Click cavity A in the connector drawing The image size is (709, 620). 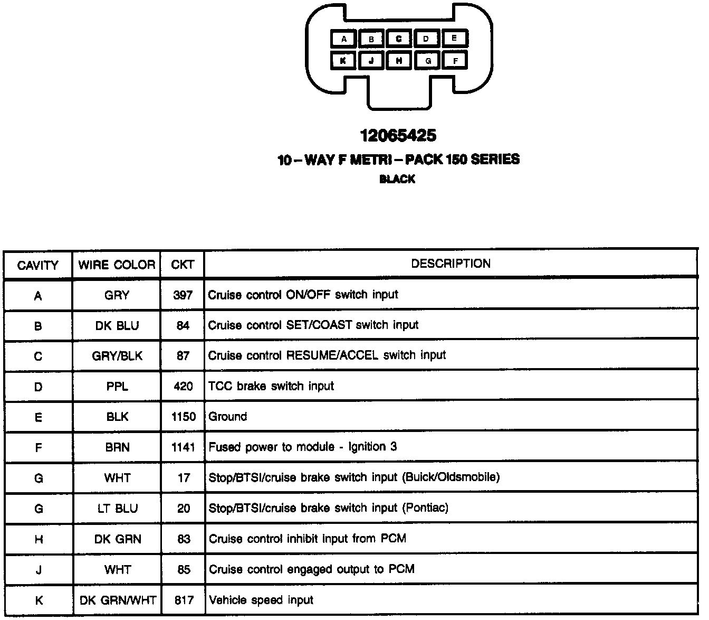344,39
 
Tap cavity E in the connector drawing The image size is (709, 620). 454,38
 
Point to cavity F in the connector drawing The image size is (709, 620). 455,61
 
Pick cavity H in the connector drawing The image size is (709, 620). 399,61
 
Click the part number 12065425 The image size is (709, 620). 398,136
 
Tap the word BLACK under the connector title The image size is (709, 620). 397,180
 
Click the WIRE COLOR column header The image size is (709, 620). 117,265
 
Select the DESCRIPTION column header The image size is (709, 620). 451,264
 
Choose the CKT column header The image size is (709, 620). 183,265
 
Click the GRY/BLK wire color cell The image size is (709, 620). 117,356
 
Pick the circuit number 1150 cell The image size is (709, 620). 183,417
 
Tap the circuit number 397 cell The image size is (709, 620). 183,295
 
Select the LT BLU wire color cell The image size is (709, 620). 117,509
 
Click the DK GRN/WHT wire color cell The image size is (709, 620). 118,600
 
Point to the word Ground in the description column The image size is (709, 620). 227,417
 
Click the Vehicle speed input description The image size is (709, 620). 261,600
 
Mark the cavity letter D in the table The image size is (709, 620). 38,387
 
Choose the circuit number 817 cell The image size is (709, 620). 183,600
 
